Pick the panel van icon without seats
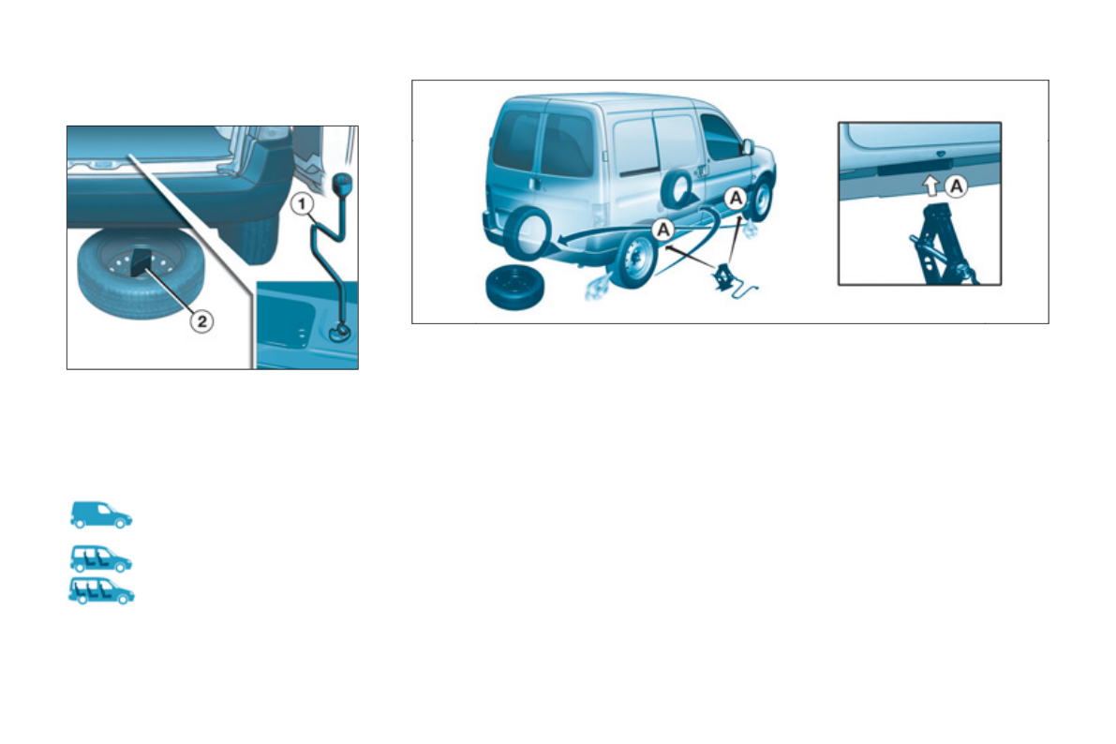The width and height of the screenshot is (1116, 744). pyautogui.click(x=101, y=514)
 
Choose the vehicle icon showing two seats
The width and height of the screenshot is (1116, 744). pyautogui.click(x=101, y=558)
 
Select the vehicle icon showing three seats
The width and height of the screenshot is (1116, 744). pyautogui.click(x=101, y=591)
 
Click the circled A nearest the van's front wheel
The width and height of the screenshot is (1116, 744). pyautogui.click(x=737, y=197)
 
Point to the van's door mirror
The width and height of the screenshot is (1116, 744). pyautogui.click(x=747, y=147)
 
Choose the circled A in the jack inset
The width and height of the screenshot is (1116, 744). pyautogui.click(x=955, y=186)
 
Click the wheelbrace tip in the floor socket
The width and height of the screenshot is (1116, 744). pyautogui.click(x=339, y=329)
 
